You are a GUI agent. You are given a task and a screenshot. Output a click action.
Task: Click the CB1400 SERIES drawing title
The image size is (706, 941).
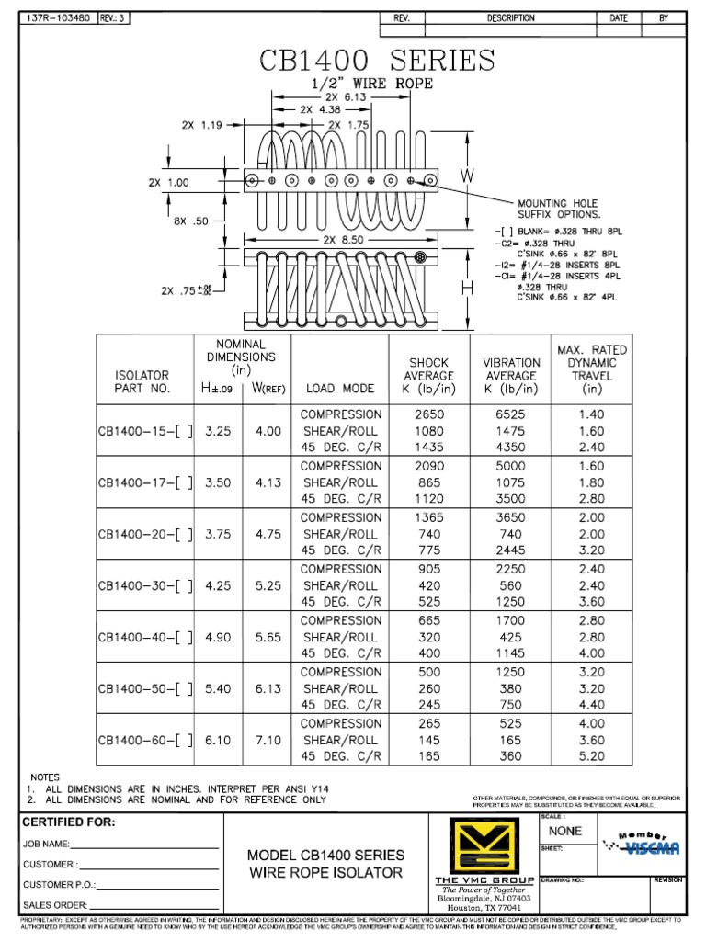(x=377, y=62)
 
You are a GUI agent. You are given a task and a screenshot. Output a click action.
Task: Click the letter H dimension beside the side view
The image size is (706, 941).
(x=466, y=288)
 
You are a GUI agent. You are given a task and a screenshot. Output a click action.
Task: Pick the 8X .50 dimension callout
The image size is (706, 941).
(x=190, y=221)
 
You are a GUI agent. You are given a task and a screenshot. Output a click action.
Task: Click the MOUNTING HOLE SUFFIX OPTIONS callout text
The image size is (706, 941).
(x=557, y=209)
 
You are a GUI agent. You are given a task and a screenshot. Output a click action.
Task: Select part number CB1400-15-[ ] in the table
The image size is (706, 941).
(x=145, y=430)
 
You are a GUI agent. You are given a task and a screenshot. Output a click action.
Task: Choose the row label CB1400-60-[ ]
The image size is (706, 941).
(x=145, y=740)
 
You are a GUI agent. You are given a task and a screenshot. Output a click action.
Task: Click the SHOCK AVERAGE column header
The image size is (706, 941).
(x=428, y=376)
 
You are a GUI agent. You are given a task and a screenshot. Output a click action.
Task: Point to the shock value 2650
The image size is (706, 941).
(x=428, y=414)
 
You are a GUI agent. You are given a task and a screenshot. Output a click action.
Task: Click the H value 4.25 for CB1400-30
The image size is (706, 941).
(x=219, y=585)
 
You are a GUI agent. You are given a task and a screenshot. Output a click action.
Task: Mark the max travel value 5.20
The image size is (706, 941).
(x=592, y=756)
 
